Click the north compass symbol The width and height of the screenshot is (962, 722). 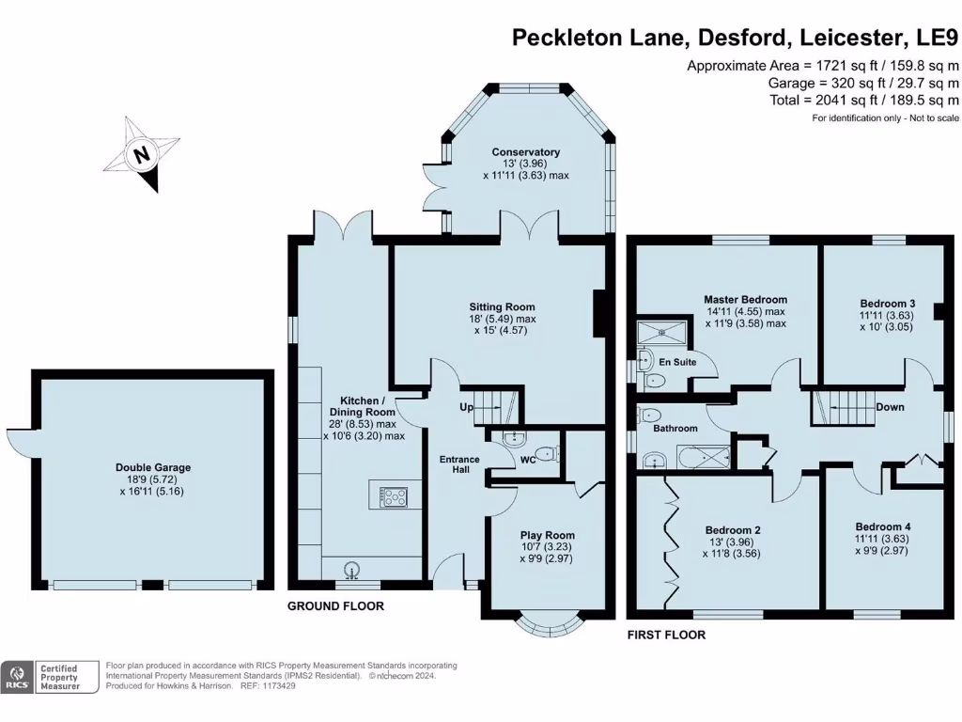(x=143, y=154)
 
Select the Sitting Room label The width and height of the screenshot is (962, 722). (x=503, y=306)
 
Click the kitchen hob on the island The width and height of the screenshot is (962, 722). (x=394, y=495)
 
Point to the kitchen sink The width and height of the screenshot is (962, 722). (x=353, y=569)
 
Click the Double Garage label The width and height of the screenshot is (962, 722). (x=153, y=467)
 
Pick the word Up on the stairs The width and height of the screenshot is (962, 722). (x=466, y=408)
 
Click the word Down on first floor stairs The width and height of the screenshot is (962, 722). (x=889, y=407)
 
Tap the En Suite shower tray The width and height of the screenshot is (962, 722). (x=662, y=332)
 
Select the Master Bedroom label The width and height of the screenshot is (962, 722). (x=746, y=300)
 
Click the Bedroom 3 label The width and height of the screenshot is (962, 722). (x=887, y=304)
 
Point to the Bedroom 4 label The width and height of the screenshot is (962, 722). (x=882, y=526)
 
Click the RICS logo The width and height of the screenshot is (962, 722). (x=16, y=677)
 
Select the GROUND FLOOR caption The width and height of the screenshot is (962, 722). (x=335, y=606)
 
